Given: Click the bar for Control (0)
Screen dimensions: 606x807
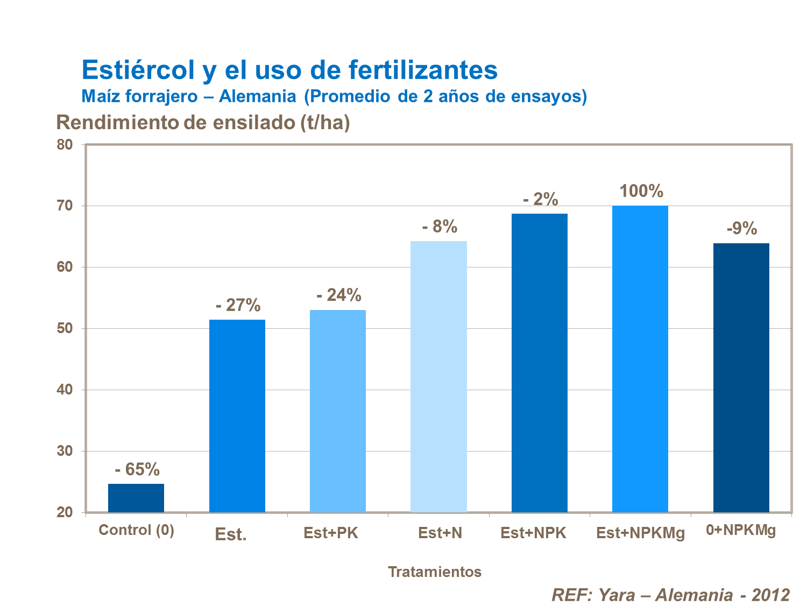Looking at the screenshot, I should click(136, 498).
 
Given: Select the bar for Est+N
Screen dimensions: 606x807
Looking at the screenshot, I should click(438, 377).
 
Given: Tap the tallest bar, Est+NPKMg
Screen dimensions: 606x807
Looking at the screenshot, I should click(640, 359).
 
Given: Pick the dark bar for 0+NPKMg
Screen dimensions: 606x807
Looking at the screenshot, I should click(741, 378).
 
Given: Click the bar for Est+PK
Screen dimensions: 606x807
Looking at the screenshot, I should click(338, 411).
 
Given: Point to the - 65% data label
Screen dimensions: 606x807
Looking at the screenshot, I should click(137, 469).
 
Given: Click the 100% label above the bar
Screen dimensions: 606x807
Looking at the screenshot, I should click(641, 191).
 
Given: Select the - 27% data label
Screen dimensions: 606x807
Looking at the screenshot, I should click(238, 305).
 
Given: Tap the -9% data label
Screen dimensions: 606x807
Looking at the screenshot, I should click(741, 229).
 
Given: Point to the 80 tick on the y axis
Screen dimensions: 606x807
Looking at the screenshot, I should click(65, 145).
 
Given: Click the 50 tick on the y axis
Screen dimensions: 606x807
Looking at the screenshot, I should click(65, 328).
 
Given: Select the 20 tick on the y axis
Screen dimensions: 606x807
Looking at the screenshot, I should click(65, 512).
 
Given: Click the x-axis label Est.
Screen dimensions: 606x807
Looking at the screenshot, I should click(230, 534).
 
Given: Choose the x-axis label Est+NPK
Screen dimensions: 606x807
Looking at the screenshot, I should click(533, 533).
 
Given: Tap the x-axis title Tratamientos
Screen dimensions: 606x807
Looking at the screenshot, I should click(435, 572).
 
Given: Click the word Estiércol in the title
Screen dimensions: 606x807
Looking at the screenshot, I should click(138, 70).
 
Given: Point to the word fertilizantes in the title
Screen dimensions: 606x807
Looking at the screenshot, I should click(423, 70).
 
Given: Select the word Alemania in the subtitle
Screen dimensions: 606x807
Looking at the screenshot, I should click(257, 96).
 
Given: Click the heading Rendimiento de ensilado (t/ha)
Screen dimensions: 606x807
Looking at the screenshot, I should click(203, 123).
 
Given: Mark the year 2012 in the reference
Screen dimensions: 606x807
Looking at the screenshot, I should click(770, 595).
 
